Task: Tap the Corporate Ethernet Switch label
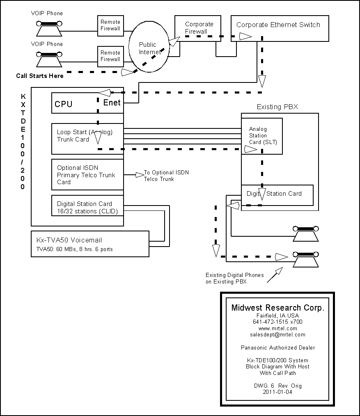point(278,25)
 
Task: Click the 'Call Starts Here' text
point(40,76)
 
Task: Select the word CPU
point(64,104)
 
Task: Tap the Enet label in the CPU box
point(112,103)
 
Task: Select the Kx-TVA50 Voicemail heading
point(69,240)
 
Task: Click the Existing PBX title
point(277,107)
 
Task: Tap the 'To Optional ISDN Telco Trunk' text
point(167,176)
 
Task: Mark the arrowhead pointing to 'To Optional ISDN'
point(140,175)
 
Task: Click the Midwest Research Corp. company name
point(278,308)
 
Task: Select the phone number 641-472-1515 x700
point(278,322)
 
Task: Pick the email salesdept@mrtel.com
point(278,335)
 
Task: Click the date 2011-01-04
point(277,392)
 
